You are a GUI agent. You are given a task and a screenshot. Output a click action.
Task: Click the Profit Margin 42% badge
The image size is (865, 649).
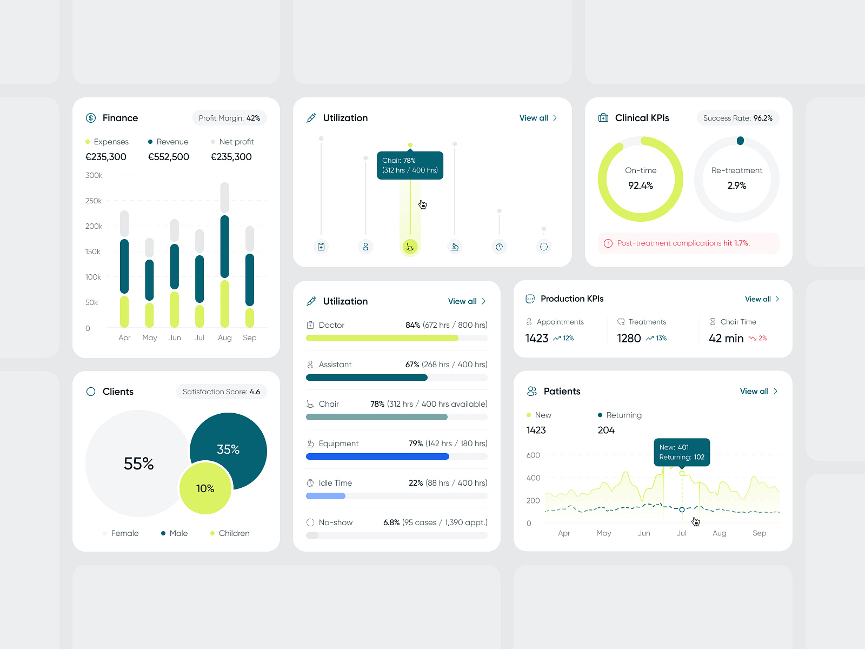click(229, 118)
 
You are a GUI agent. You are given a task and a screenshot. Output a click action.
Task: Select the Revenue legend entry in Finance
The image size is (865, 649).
click(168, 142)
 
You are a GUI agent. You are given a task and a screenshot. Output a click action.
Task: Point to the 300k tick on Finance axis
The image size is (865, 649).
click(94, 175)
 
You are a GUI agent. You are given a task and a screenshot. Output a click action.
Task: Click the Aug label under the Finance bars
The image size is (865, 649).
click(225, 337)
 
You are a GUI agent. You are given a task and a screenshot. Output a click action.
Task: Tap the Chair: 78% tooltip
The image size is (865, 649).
click(410, 165)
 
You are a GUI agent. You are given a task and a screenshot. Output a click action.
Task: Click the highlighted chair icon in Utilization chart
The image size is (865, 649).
click(410, 247)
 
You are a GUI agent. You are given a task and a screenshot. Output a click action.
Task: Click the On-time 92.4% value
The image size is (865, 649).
click(641, 186)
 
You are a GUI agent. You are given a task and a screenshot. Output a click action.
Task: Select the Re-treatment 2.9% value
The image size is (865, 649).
click(737, 186)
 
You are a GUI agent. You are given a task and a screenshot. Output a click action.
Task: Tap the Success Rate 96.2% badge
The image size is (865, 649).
click(737, 118)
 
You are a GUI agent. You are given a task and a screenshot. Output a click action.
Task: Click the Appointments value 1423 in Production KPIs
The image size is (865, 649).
click(537, 339)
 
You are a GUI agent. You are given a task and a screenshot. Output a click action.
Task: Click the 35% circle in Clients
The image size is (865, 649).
click(229, 449)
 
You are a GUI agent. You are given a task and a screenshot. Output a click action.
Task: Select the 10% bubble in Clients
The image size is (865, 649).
click(205, 488)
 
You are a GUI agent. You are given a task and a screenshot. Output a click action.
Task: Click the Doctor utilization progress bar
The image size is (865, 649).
click(396, 338)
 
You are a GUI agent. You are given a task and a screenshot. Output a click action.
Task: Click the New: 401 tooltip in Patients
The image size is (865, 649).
click(682, 452)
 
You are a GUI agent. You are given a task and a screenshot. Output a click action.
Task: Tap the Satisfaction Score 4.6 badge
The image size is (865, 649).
click(221, 392)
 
